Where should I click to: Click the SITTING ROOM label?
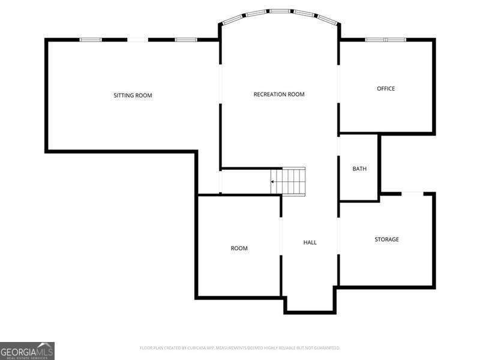(133, 95)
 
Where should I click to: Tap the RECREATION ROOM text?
(279, 94)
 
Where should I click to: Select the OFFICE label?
(386, 89)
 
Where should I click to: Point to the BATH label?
(359, 169)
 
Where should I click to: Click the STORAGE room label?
(386, 239)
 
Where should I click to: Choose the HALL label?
(310, 242)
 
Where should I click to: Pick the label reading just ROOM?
(239, 248)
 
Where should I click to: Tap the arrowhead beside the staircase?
(273, 181)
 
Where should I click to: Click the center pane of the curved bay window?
(280, 11)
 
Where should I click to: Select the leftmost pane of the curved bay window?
(232, 20)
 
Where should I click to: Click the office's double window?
(386, 40)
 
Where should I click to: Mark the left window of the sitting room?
(91, 40)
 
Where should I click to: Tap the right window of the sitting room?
(185, 40)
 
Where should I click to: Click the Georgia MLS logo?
(27, 350)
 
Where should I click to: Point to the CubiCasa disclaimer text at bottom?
(240, 348)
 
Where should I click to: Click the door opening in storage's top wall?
(412, 193)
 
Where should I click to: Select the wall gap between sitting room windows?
(137, 40)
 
